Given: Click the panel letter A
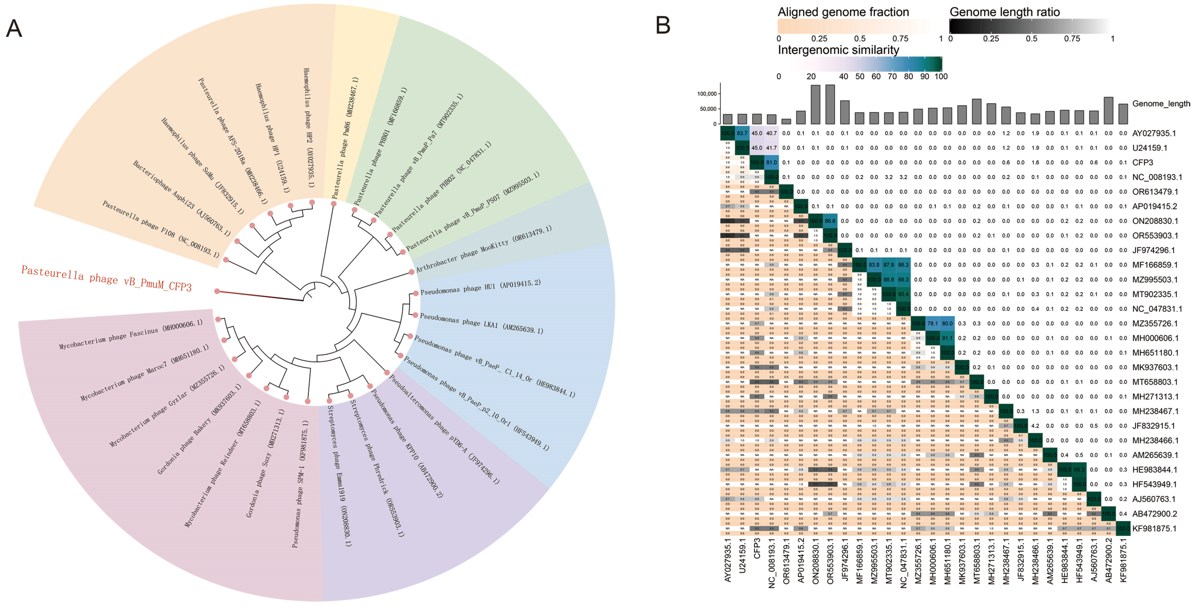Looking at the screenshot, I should point(14,29).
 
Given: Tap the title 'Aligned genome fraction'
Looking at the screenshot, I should point(843,12).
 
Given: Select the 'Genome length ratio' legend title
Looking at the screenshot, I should point(1005,12).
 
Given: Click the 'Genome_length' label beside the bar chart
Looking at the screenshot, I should point(1161,104).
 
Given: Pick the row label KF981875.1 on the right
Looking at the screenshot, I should point(1154,529).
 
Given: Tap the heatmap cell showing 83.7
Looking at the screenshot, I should point(742,133).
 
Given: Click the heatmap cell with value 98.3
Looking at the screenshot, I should point(1079,470).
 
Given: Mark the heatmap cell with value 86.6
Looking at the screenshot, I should point(830,221).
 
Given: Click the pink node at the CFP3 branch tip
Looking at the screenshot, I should point(217,291).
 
